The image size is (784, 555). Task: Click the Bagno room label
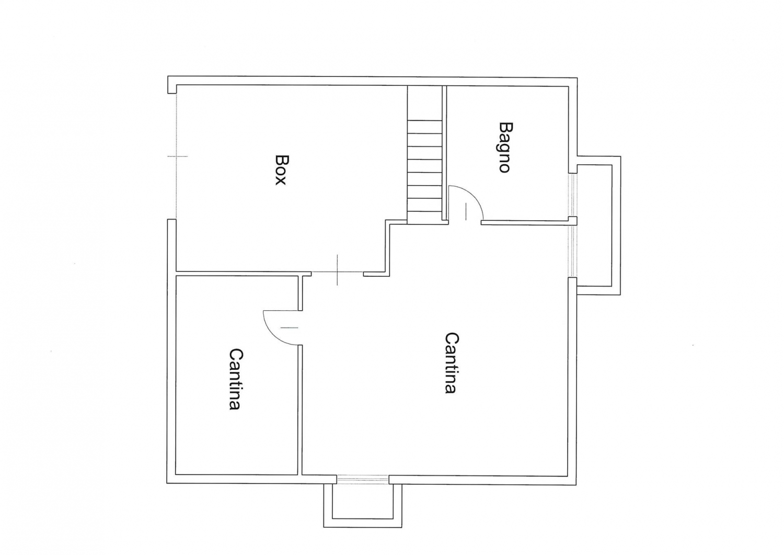[504, 147]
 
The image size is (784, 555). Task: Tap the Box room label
[281, 170]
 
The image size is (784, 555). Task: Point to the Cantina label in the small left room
[235, 379]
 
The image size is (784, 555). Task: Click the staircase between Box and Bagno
[424, 154]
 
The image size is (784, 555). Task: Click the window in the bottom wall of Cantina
[363, 479]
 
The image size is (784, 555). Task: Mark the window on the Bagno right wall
[572, 195]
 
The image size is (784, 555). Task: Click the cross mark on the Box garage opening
[177, 156]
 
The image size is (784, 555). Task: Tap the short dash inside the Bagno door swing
[466, 211]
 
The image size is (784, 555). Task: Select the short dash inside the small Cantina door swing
[290, 328]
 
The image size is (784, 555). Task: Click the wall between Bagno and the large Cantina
[524, 222]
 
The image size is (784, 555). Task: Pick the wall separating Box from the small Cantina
[243, 273]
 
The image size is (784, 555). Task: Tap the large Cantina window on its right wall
[572, 251]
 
